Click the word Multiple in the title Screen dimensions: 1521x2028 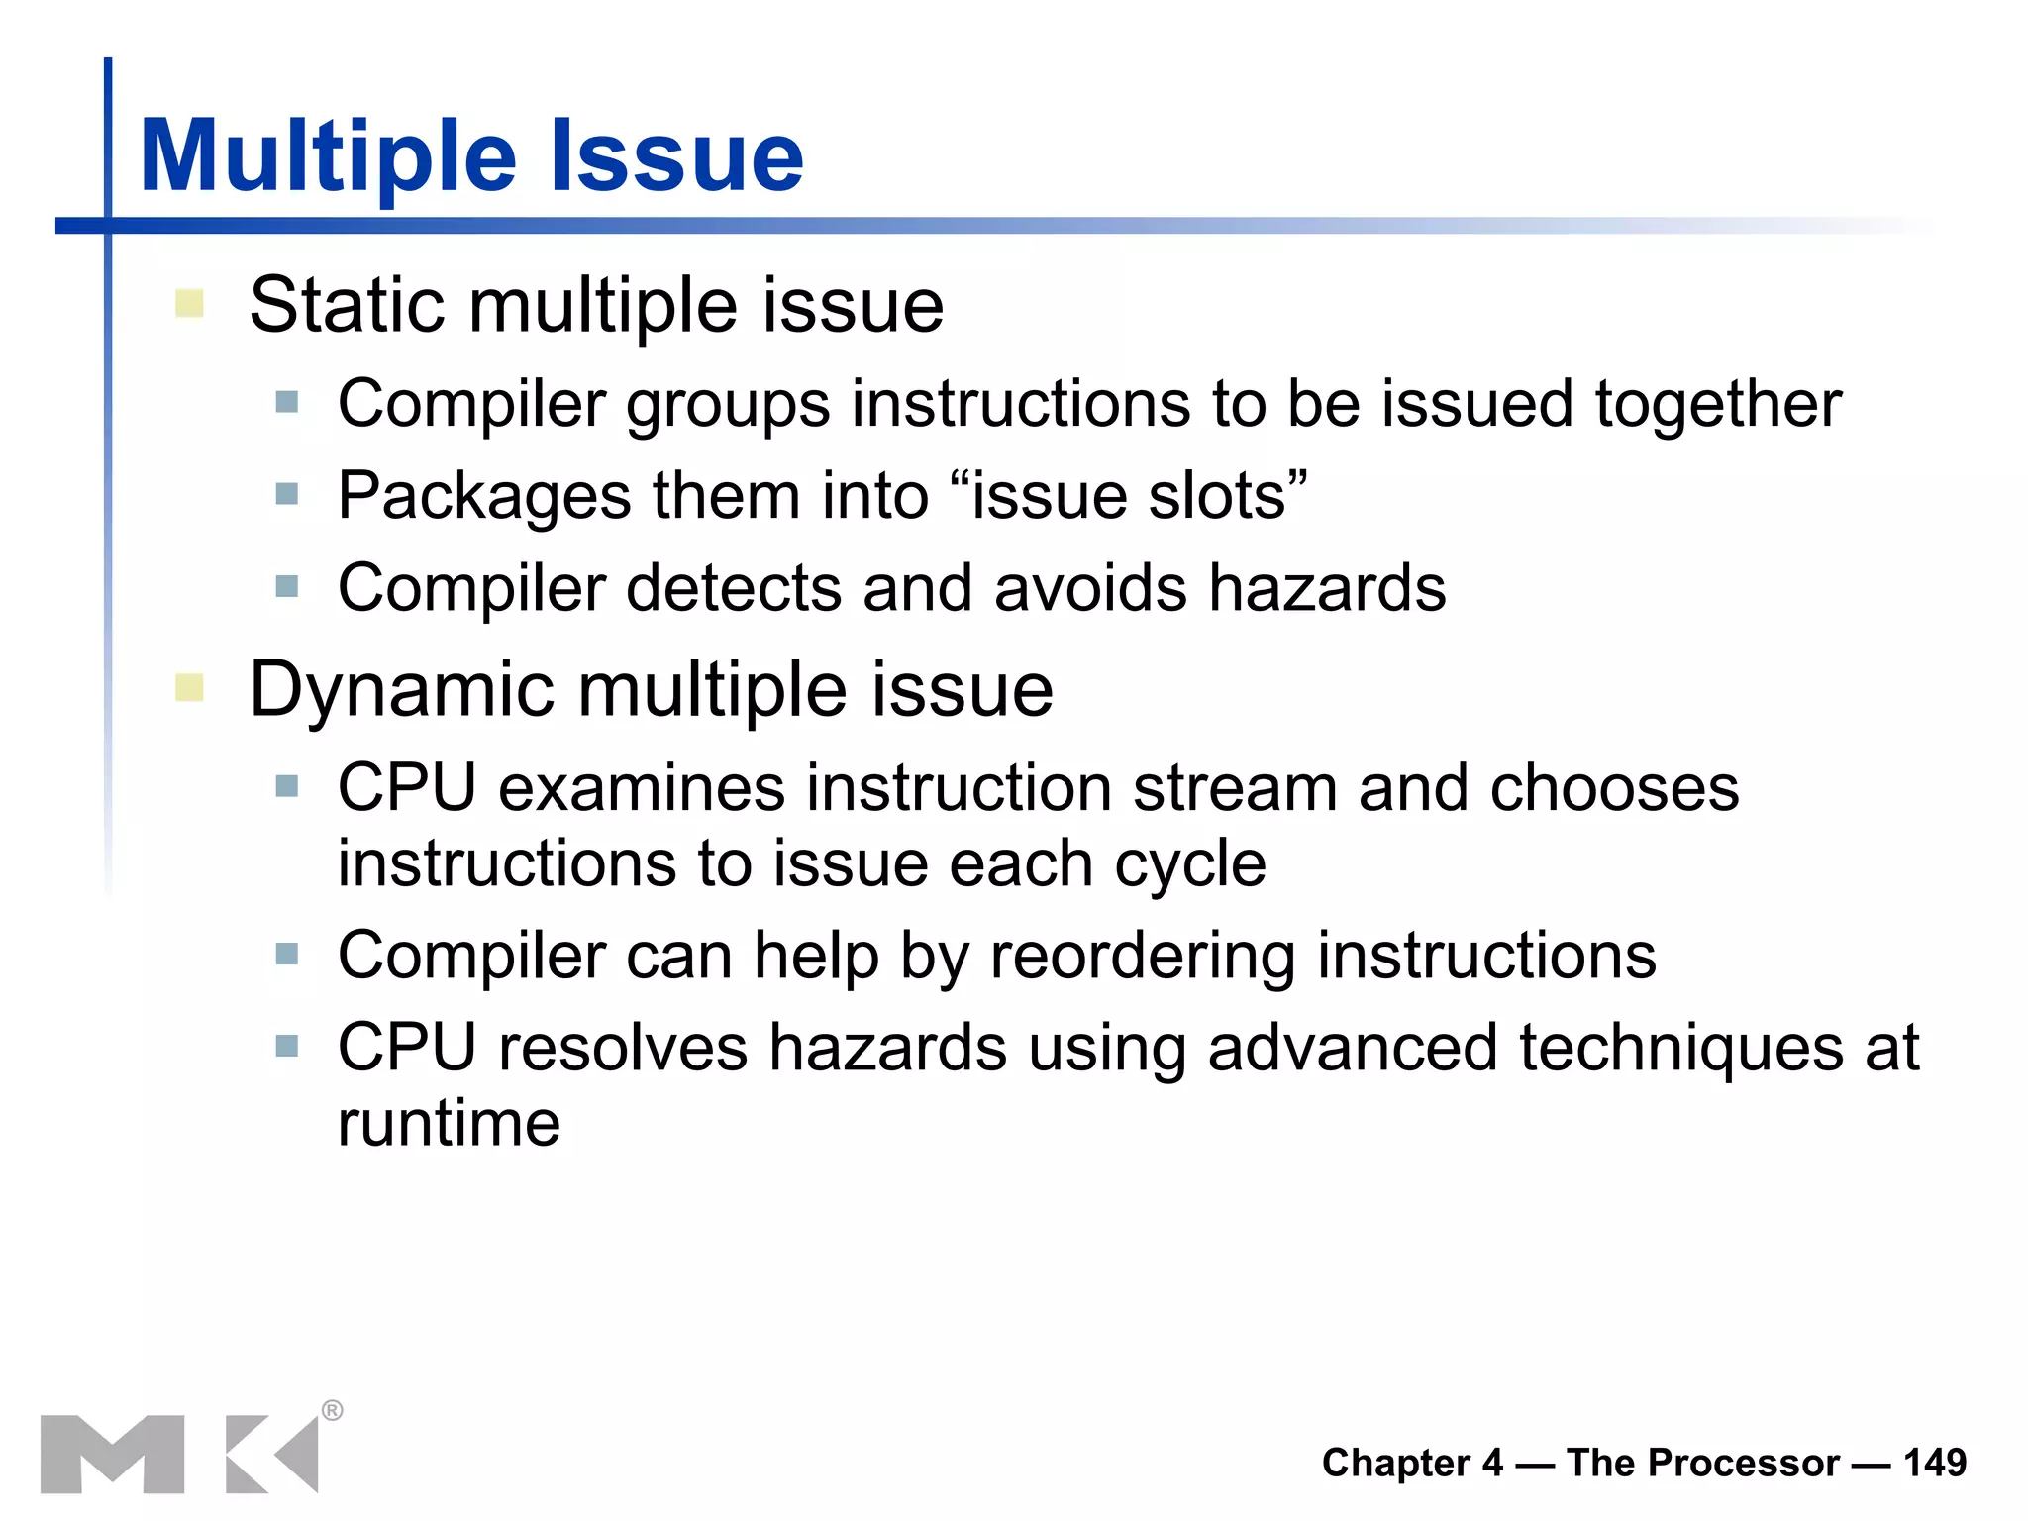pos(327,156)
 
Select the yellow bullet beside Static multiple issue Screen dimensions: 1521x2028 pos(189,303)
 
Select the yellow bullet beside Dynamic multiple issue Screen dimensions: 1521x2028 pos(189,687)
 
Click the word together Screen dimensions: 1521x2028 pos(1717,405)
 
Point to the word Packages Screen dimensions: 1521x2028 pos(483,496)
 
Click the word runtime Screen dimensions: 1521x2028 pos(449,1124)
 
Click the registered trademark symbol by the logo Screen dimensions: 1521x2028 pos(333,1410)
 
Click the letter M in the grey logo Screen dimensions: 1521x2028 pos(113,1454)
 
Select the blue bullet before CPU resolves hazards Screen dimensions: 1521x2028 pos(287,1046)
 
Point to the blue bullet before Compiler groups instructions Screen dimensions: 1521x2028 pos(287,402)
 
